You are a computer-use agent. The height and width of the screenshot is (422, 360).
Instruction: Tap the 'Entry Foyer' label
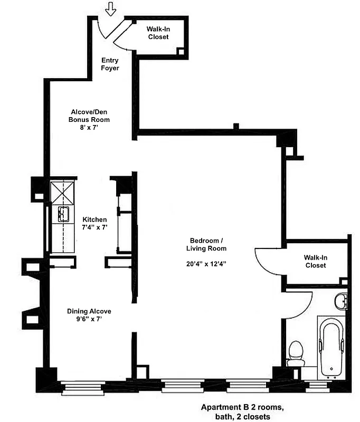(110, 64)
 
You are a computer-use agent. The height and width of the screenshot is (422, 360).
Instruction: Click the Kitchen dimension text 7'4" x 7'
(95, 227)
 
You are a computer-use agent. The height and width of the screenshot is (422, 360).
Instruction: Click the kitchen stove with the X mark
(63, 193)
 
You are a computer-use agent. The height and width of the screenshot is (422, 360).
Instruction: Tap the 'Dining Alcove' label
(89, 311)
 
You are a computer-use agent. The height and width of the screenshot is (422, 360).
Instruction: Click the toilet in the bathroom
(296, 353)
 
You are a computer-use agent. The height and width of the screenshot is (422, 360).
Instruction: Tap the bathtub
(331, 348)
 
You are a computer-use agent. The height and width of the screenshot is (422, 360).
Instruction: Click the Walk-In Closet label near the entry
(158, 33)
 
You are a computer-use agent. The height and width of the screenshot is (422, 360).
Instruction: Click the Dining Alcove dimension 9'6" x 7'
(89, 319)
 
